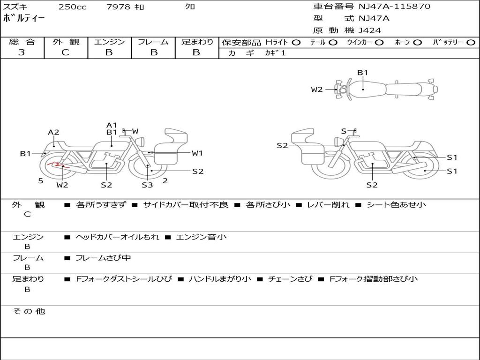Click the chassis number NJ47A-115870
(x=394, y=7)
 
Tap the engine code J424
(x=370, y=30)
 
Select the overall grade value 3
(x=22, y=52)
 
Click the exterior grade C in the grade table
(x=65, y=52)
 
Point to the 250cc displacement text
(x=72, y=7)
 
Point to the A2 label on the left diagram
(x=53, y=132)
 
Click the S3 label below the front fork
(x=147, y=185)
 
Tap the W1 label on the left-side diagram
(x=197, y=153)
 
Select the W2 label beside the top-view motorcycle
(x=317, y=90)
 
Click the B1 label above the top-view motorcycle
(x=363, y=73)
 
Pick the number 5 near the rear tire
(x=41, y=180)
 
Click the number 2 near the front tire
(x=165, y=180)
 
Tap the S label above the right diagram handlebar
(x=344, y=131)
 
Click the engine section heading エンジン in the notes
(x=28, y=237)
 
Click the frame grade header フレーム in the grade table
(x=153, y=42)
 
